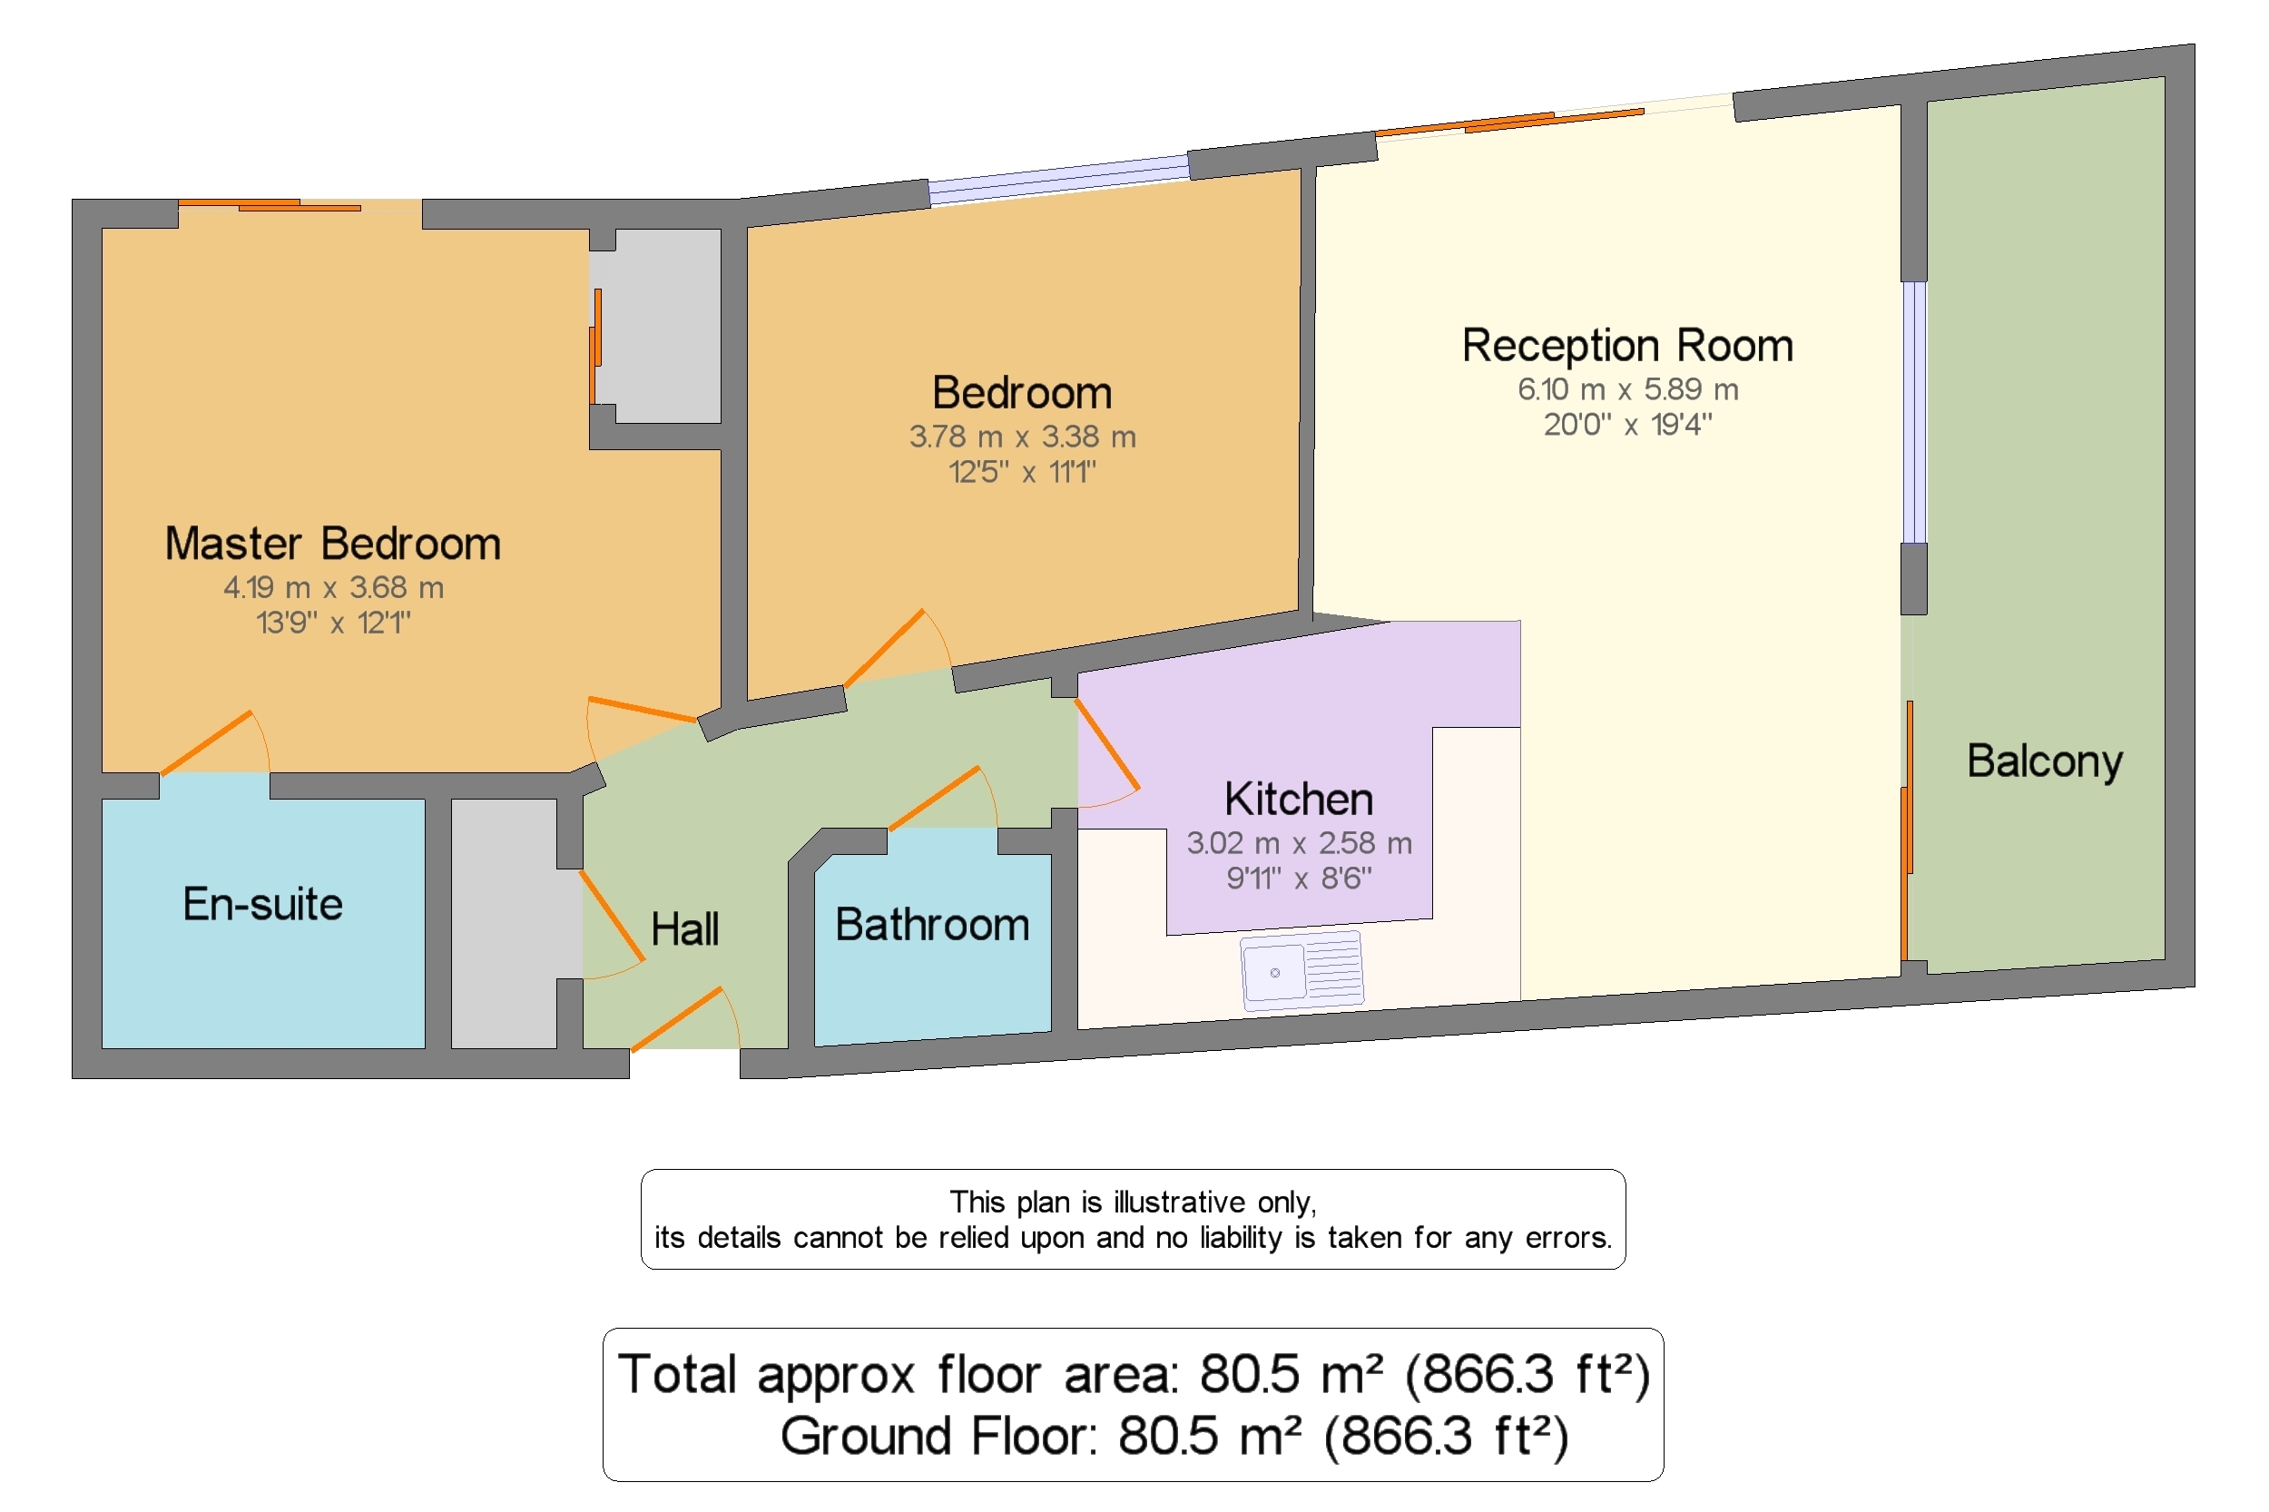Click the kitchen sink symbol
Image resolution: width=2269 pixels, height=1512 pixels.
pos(1301,969)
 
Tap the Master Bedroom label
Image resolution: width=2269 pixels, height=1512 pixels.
pos(333,544)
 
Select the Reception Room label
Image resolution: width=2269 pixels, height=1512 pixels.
pos(1626,345)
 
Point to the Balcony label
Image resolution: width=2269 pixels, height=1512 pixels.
pos(2044,761)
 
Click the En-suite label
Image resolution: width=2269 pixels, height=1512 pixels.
pos(262,905)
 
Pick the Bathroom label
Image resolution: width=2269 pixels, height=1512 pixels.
pos(931,925)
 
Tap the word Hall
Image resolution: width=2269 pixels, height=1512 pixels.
pos(684,929)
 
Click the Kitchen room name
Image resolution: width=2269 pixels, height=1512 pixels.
pos(1298,800)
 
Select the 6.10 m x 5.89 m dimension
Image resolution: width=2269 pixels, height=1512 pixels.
pos(1627,389)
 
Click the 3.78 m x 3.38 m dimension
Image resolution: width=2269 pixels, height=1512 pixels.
pos(1022,437)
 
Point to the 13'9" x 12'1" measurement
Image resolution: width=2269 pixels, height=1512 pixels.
pos(334,623)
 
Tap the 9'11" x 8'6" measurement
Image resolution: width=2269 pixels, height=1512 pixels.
pos(1298,879)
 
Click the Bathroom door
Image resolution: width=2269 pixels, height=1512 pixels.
pos(933,798)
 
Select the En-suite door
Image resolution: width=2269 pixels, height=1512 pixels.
pos(206,742)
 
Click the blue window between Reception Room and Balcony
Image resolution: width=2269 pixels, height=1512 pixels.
pos(1913,413)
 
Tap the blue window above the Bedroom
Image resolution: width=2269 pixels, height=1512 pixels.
pos(1059,181)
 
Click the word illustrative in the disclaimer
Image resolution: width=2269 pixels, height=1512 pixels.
pos(1178,1203)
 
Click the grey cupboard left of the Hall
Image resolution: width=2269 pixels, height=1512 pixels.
pos(505,923)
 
